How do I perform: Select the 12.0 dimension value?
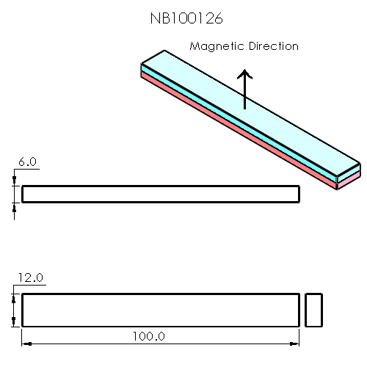point(30,277)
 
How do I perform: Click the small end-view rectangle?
point(313,310)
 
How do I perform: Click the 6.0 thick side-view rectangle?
point(160,194)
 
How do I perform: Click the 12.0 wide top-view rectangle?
point(160,310)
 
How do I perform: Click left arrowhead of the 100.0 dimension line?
point(26,342)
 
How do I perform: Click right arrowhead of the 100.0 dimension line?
point(296,342)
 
